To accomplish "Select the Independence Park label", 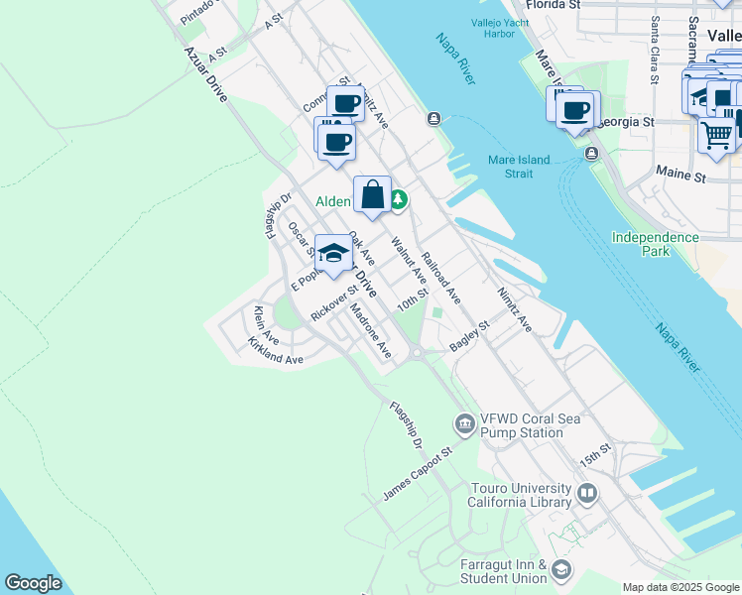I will [655, 244].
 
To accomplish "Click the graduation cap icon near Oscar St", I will [334, 253].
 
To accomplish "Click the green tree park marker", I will [398, 200].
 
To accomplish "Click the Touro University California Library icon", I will [587, 493].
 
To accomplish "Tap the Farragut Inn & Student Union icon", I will [562, 568].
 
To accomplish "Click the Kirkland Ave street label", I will [276, 352].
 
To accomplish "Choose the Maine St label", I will [680, 175].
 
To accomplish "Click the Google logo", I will [33, 582].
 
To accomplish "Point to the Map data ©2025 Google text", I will [680, 587].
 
